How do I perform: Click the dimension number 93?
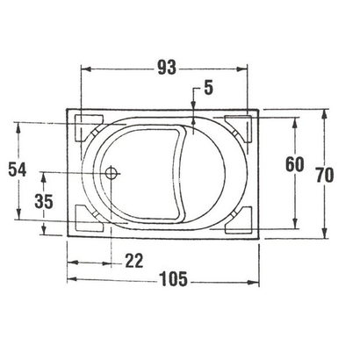162,67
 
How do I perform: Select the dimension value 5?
209,89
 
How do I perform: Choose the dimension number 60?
294,163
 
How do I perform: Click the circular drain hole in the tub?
111,173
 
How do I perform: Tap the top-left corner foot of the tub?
87,120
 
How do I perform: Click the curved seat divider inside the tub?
185,176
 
